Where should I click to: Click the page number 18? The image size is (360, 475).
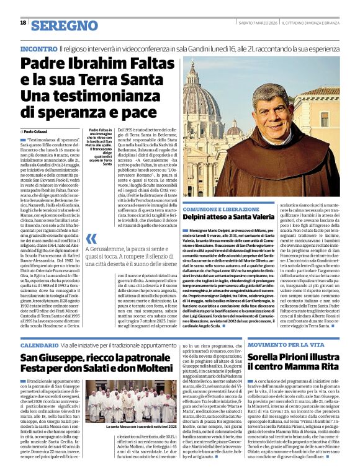(23, 23)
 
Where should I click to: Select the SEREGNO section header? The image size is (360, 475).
(60, 25)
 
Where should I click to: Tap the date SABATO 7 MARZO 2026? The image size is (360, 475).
(257, 23)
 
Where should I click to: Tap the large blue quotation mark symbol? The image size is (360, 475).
(92, 239)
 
